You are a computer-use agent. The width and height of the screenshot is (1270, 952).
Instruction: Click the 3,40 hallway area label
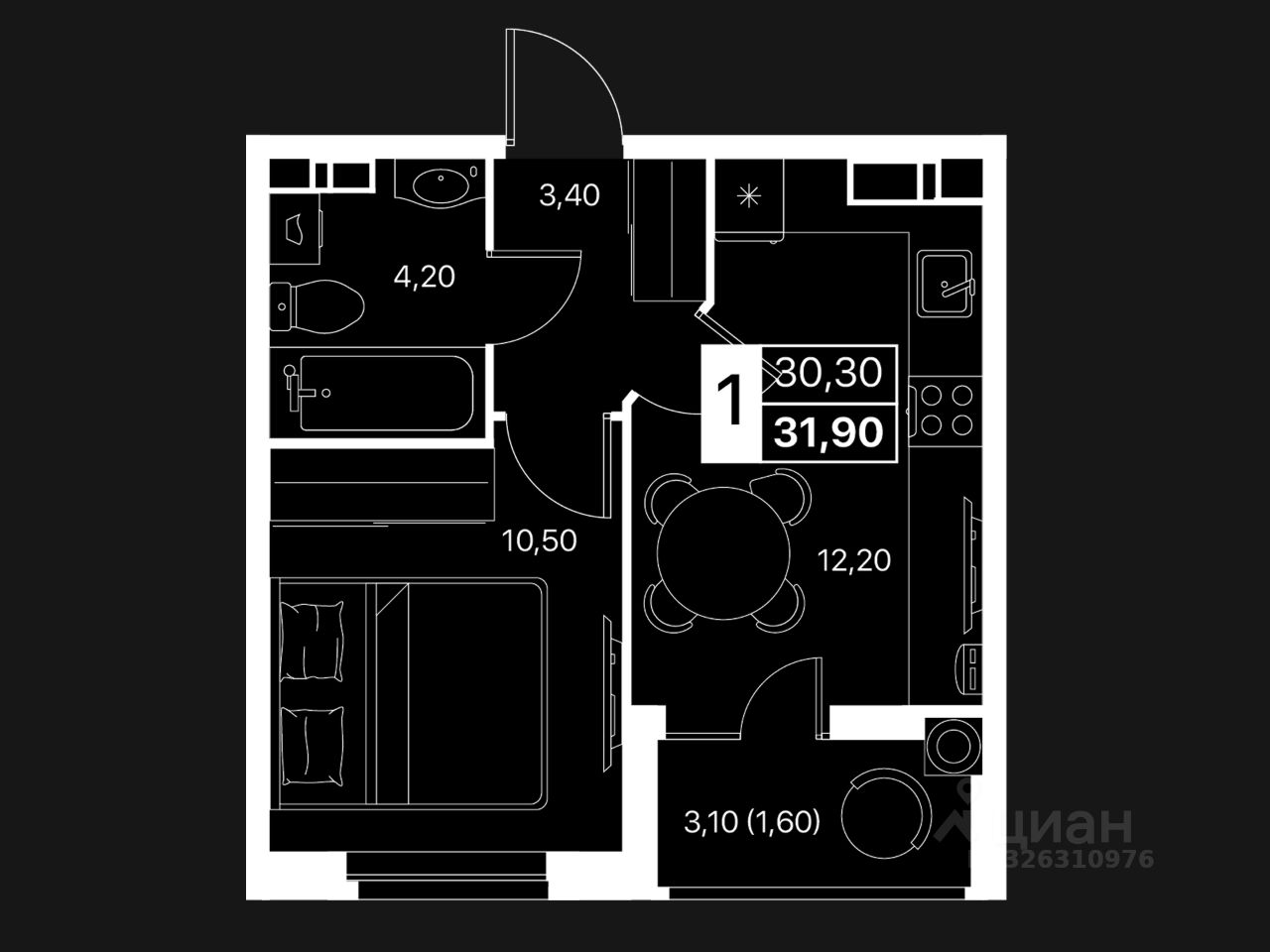[x=570, y=195]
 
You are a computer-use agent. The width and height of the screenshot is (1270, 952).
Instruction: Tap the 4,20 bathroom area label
[x=424, y=277]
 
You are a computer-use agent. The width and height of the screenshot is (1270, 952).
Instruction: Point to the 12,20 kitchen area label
[x=854, y=561]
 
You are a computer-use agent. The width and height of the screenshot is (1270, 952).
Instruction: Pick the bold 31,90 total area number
[x=829, y=433]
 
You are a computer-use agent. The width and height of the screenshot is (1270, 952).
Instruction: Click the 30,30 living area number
[x=829, y=373]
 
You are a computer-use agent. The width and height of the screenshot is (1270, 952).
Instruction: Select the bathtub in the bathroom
[x=379, y=393]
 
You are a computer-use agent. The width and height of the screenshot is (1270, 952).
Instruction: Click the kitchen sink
[x=944, y=284]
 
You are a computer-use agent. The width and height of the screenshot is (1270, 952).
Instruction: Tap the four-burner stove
[x=945, y=411]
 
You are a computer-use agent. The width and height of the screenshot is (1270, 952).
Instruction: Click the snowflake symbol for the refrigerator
[x=750, y=195]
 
